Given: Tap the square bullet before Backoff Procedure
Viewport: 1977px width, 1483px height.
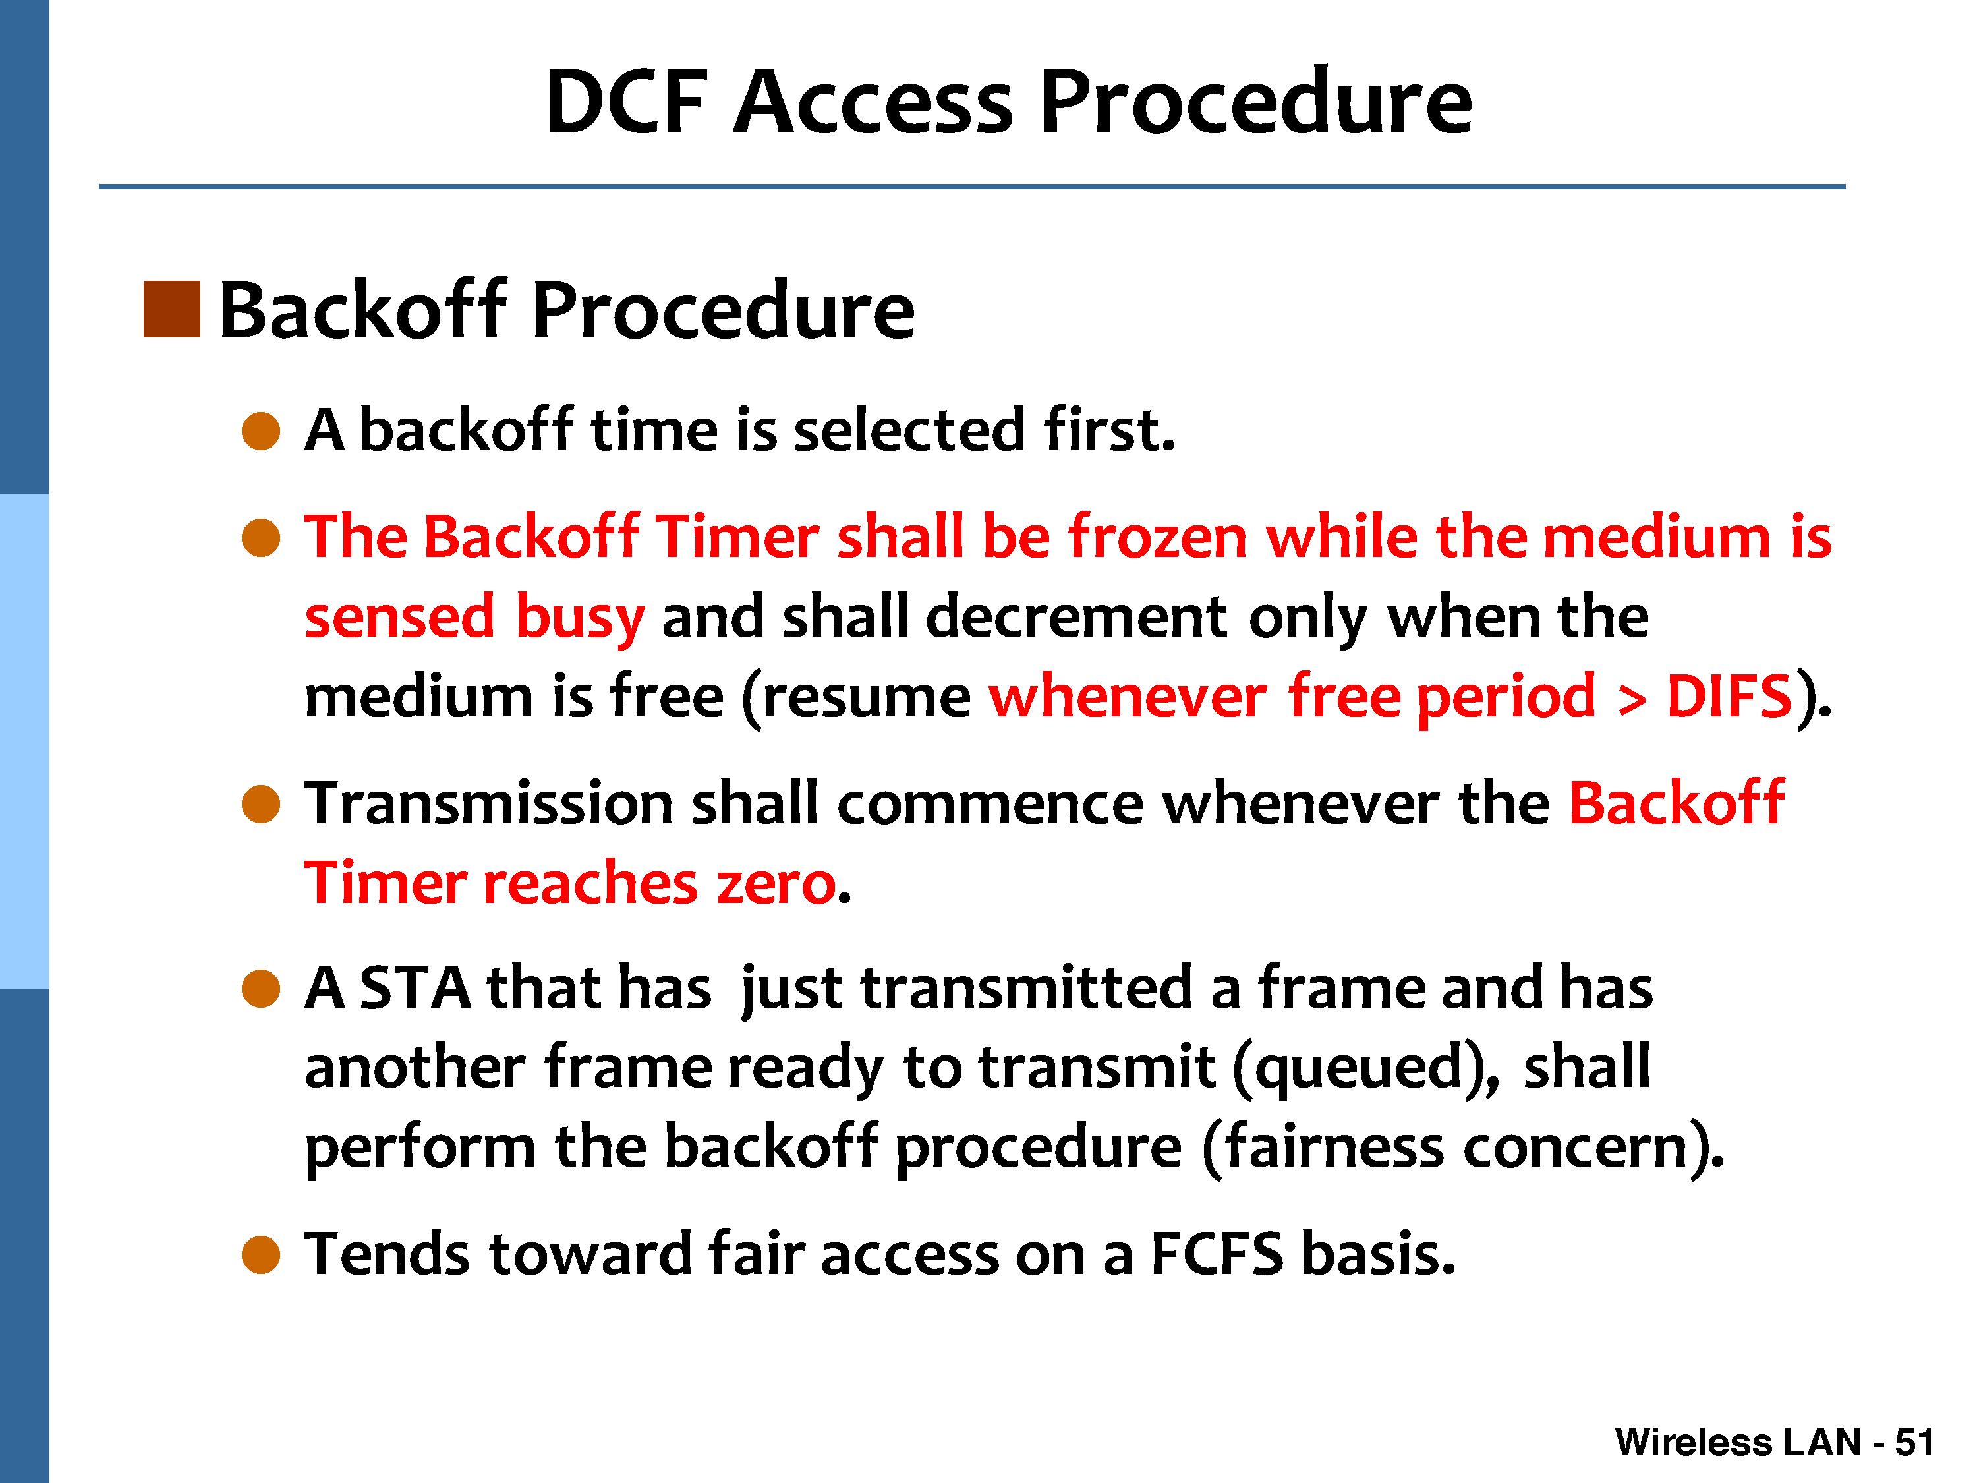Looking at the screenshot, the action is tap(171, 309).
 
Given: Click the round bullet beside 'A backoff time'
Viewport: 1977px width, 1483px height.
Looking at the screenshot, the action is tap(261, 431).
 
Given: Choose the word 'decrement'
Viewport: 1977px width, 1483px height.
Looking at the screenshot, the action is tap(1076, 617).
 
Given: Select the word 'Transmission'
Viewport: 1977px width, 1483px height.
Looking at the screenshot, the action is tap(489, 803).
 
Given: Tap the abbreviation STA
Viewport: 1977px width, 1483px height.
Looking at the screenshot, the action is tap(416, 988).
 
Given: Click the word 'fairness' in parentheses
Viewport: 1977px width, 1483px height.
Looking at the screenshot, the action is tap(1334, 1147).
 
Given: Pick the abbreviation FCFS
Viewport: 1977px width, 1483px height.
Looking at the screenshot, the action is tap(1217, 1254).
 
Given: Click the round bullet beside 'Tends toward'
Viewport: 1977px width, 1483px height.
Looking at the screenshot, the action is tap(261, 1255).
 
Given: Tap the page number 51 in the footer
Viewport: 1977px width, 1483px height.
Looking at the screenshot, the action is tap(1914, 1442).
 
